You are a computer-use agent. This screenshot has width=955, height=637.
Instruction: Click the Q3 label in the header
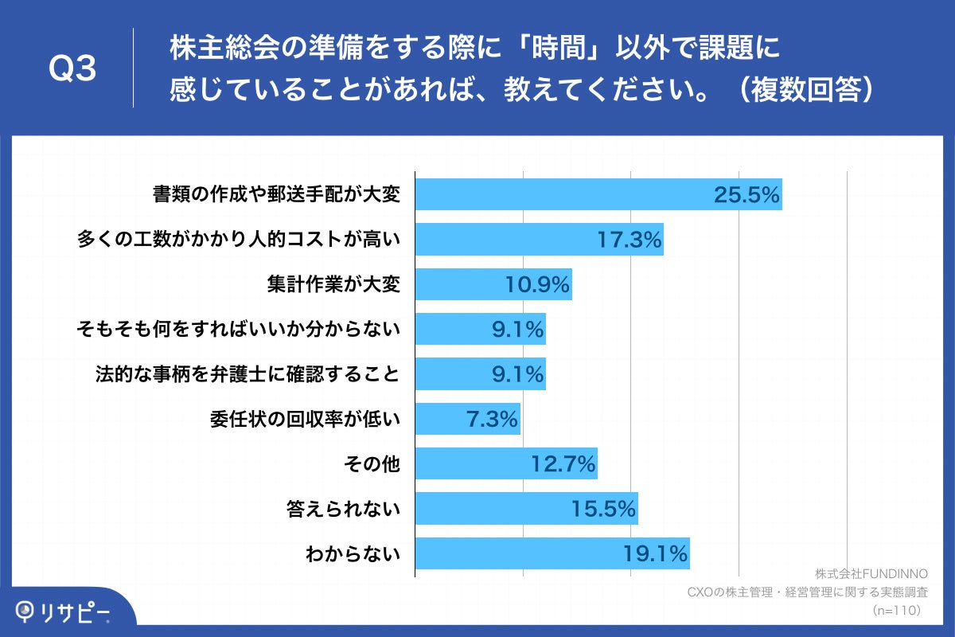(x=72, y=70)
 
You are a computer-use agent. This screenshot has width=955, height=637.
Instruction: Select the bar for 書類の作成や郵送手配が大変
(x=598, y=194)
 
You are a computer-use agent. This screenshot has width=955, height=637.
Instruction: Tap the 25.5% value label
(x=746, y=194)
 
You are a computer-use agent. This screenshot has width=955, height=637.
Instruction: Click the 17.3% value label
(x=630, y=239)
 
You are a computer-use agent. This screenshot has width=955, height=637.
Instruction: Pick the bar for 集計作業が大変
(x=493, y=284)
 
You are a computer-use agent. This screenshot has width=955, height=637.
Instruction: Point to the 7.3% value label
(x=492, y=419)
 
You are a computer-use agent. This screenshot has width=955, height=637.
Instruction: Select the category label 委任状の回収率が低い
(x=305, y=419)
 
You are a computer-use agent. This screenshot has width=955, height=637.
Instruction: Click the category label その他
(x=373, y=463)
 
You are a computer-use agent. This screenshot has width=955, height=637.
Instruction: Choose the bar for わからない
(x=552, y=553)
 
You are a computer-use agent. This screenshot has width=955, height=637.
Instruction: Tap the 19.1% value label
(x=656, y=553)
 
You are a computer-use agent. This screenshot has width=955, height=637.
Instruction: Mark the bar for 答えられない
(x=526, y=508)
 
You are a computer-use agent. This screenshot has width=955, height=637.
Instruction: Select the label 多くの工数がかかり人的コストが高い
(x=238, y=239)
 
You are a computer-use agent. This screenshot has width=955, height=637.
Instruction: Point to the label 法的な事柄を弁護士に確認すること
(x=247, y=373)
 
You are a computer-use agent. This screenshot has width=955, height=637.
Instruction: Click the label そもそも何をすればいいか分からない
(x=237, y=329)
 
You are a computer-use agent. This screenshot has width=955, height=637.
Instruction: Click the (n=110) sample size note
(x=896, y=610)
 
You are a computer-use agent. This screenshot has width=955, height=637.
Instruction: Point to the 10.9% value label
(x=538, y=284)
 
